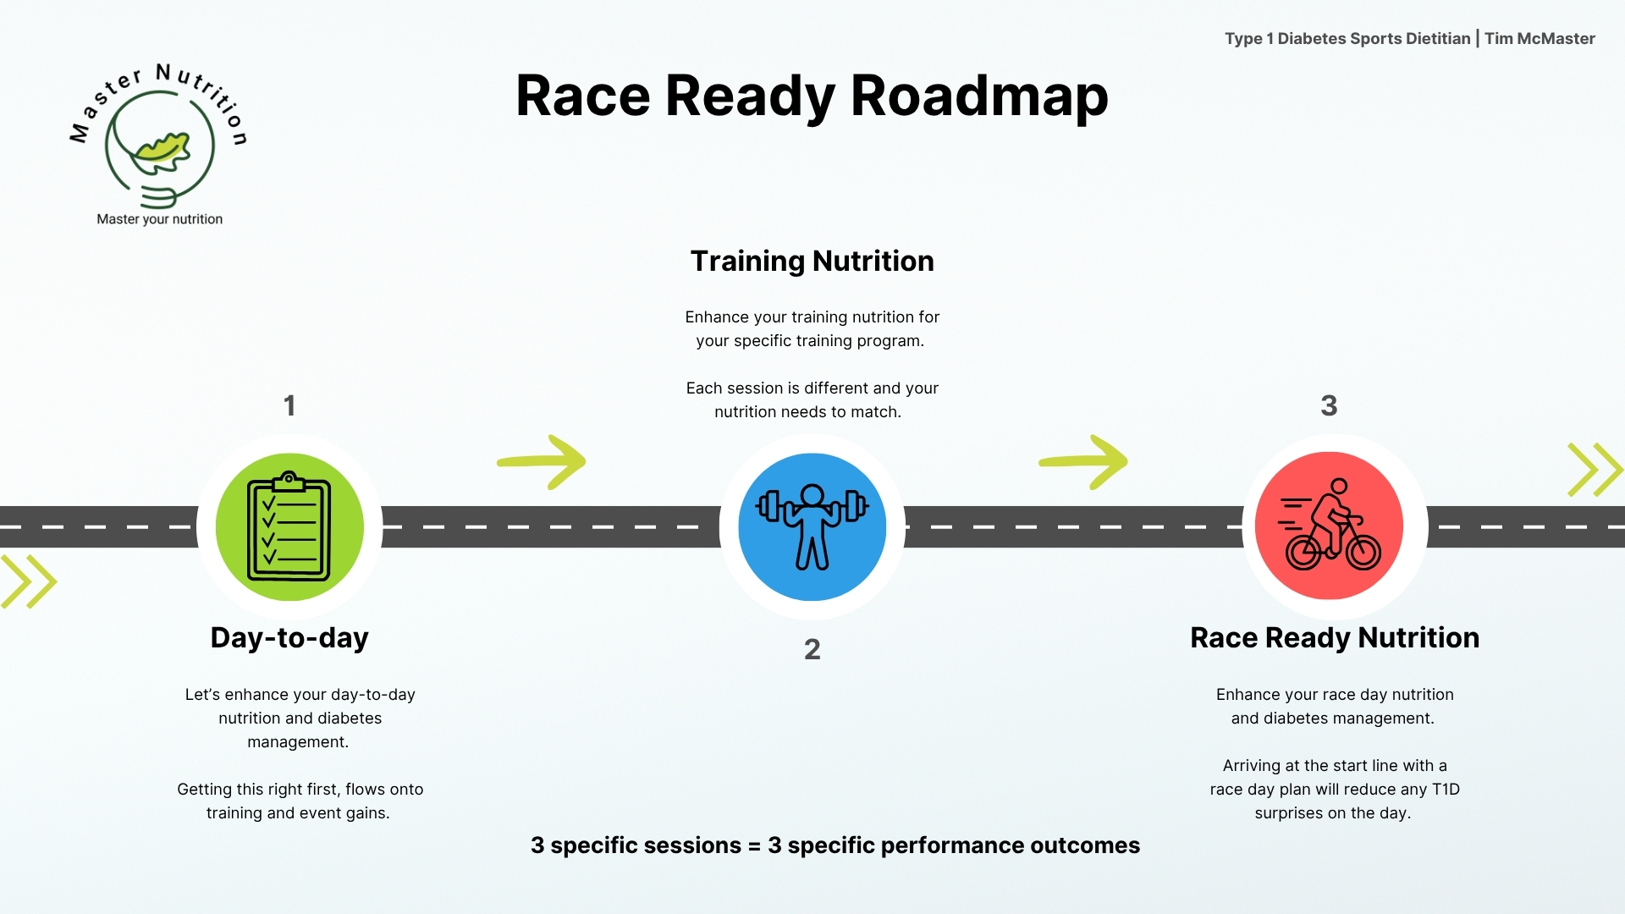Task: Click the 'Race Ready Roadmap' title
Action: (812, 96)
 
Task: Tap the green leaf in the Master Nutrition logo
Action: (163, 149)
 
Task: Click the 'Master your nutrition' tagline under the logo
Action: (160, 219)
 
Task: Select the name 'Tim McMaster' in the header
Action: (1540, 38)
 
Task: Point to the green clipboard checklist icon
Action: (289, 526)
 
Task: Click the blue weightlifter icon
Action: (812, 526)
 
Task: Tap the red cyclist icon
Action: (1329, 526)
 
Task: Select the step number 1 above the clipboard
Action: (289, 405)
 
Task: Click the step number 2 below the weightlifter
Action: (812, 649)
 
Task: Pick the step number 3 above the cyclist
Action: (1329, 405)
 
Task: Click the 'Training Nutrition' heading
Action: (812, 261)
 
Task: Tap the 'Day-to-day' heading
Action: (289, 637)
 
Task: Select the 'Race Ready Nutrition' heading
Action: (1335, 637)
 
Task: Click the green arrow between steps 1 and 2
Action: (542, 461)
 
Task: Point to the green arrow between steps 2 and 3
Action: (1083, 461)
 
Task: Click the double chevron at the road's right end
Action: (1595, 470)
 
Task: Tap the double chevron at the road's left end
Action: (28, 581)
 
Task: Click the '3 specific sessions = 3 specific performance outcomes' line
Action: (835, 845)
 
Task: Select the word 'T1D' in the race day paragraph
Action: (1446, 790)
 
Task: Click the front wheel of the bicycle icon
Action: (1363, 553)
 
